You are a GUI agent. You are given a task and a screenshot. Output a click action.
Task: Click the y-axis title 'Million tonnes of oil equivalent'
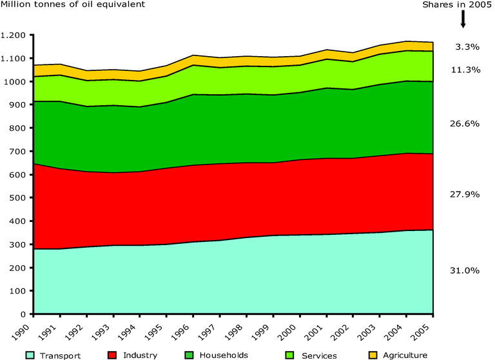coord(72,5)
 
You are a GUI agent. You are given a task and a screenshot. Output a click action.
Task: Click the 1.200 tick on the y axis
coord(15,35)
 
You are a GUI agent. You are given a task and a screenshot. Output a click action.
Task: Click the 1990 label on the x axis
coord(28,328)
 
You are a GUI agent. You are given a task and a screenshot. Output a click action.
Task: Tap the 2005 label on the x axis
coord(427,328)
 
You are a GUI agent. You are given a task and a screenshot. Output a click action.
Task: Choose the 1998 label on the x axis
coord(241,328)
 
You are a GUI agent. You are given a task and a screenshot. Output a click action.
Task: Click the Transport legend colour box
coord(30,355)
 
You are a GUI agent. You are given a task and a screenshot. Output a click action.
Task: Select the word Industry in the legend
coord(141,355)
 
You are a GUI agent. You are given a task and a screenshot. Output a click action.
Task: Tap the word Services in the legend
coord(320,355)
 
